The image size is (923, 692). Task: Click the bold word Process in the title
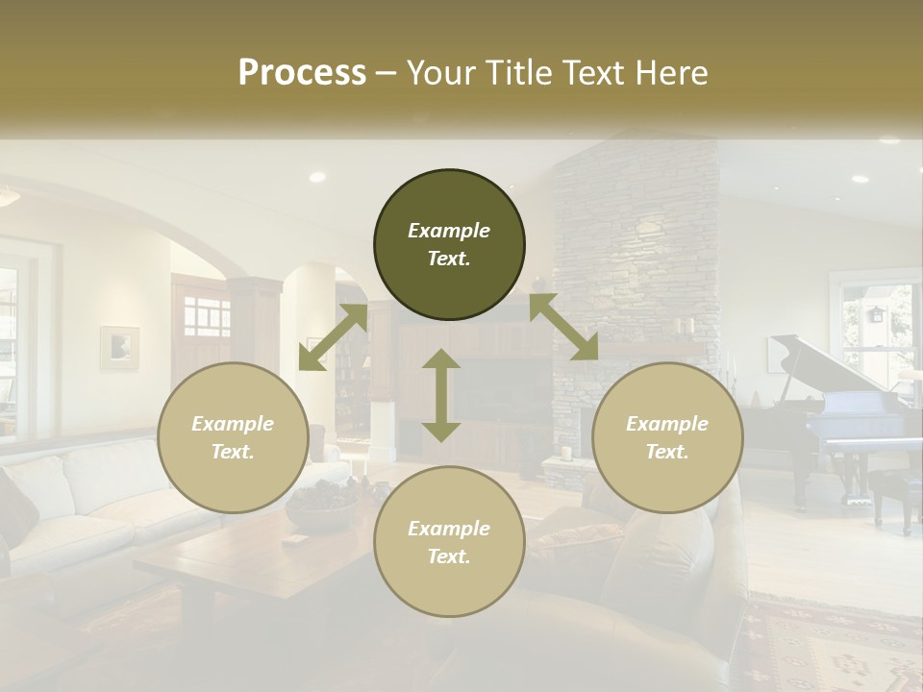pos(302,73)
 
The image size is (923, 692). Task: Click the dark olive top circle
pos(449,245)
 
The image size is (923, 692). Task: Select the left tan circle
pos(233,437)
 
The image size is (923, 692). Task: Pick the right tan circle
pos(667,437)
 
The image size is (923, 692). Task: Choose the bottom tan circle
pos(449,541)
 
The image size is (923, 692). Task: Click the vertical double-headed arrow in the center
pos(441,395)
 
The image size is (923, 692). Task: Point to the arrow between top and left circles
pos(333,337)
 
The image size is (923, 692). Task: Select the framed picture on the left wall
pos(119,348)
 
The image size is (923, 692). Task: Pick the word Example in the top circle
pos(449,231)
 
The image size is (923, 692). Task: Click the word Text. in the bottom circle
pos(449,556)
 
